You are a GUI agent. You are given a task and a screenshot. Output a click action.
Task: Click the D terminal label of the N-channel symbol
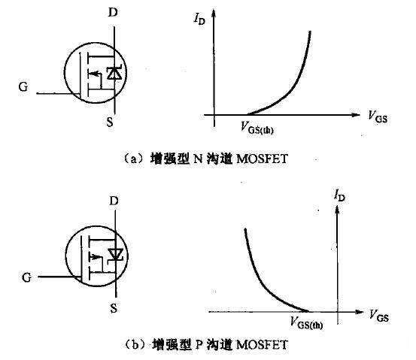pyautogui.click(x=113, y=12)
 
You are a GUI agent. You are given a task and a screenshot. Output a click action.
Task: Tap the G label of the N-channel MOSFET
pyautogui.click(x=23, y=86)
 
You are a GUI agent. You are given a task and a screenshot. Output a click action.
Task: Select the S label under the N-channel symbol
pyautogui.click(x=110, y=122)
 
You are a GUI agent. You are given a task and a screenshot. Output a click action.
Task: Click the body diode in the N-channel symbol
pyautogui.click(x=114, y=73)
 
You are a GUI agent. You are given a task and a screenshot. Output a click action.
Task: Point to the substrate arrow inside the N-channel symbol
pyautogui.click(x=93, y=74)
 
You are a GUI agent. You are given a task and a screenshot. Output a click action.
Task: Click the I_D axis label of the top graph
pyautogui.click(x=199, y=19)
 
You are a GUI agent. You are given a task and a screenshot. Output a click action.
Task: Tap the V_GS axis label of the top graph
pyautogui.click(x=378, y=116)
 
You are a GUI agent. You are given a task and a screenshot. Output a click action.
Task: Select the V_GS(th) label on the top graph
pyautogui.click(x=257, y=128)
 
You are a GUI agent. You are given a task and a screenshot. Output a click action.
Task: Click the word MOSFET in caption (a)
pyautogui.click(x=262, y=159)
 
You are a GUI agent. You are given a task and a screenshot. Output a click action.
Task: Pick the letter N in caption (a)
pyautogui.click(x=198, y=159)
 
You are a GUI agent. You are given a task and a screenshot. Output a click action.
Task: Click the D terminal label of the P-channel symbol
pyautogui.click(x=114, y=201)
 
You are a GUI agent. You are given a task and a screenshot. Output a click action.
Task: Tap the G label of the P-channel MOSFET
pyautogui.click(x=26, y=277)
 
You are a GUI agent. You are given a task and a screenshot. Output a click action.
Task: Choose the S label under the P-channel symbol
pyautogui.click(x=114, y=308)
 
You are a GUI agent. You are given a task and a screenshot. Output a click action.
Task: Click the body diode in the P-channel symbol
pyautogui.click(x=115, y=256)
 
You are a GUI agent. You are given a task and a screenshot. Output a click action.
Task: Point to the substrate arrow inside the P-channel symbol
pyautogui.click(x=96, y=256)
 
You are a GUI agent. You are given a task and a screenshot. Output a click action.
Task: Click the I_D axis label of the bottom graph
pyautogui.click(x=339, y=196)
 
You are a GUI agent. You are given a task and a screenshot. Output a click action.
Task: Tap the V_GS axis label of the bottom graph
pyautogui.click(x=379, y=316)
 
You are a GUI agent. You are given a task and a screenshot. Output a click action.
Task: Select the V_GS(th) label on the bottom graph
pyautogui.click(x=307, y=323)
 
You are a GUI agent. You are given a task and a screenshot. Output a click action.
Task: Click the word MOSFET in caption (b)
pyautogui.click(x=262, y=345)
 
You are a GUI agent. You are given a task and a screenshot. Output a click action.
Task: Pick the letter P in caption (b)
pyautogui.click(x=199, y=345)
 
